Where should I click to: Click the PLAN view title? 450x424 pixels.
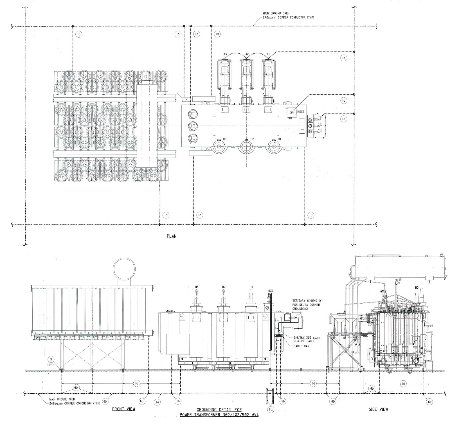click(172, 236)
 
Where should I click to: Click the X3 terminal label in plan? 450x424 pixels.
click(225, 54)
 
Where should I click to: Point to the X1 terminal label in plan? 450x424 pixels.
click(268, 54)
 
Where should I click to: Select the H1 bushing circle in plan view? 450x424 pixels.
click(274, 147)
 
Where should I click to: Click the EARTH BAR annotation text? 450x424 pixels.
click(301, 346)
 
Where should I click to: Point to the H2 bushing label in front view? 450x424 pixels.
click(224, 287)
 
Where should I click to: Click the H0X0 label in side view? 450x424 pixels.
click(383, 291)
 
